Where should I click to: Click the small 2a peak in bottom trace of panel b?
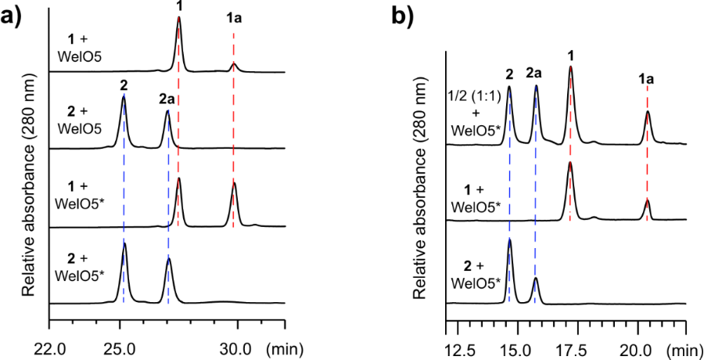click(536, 279)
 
